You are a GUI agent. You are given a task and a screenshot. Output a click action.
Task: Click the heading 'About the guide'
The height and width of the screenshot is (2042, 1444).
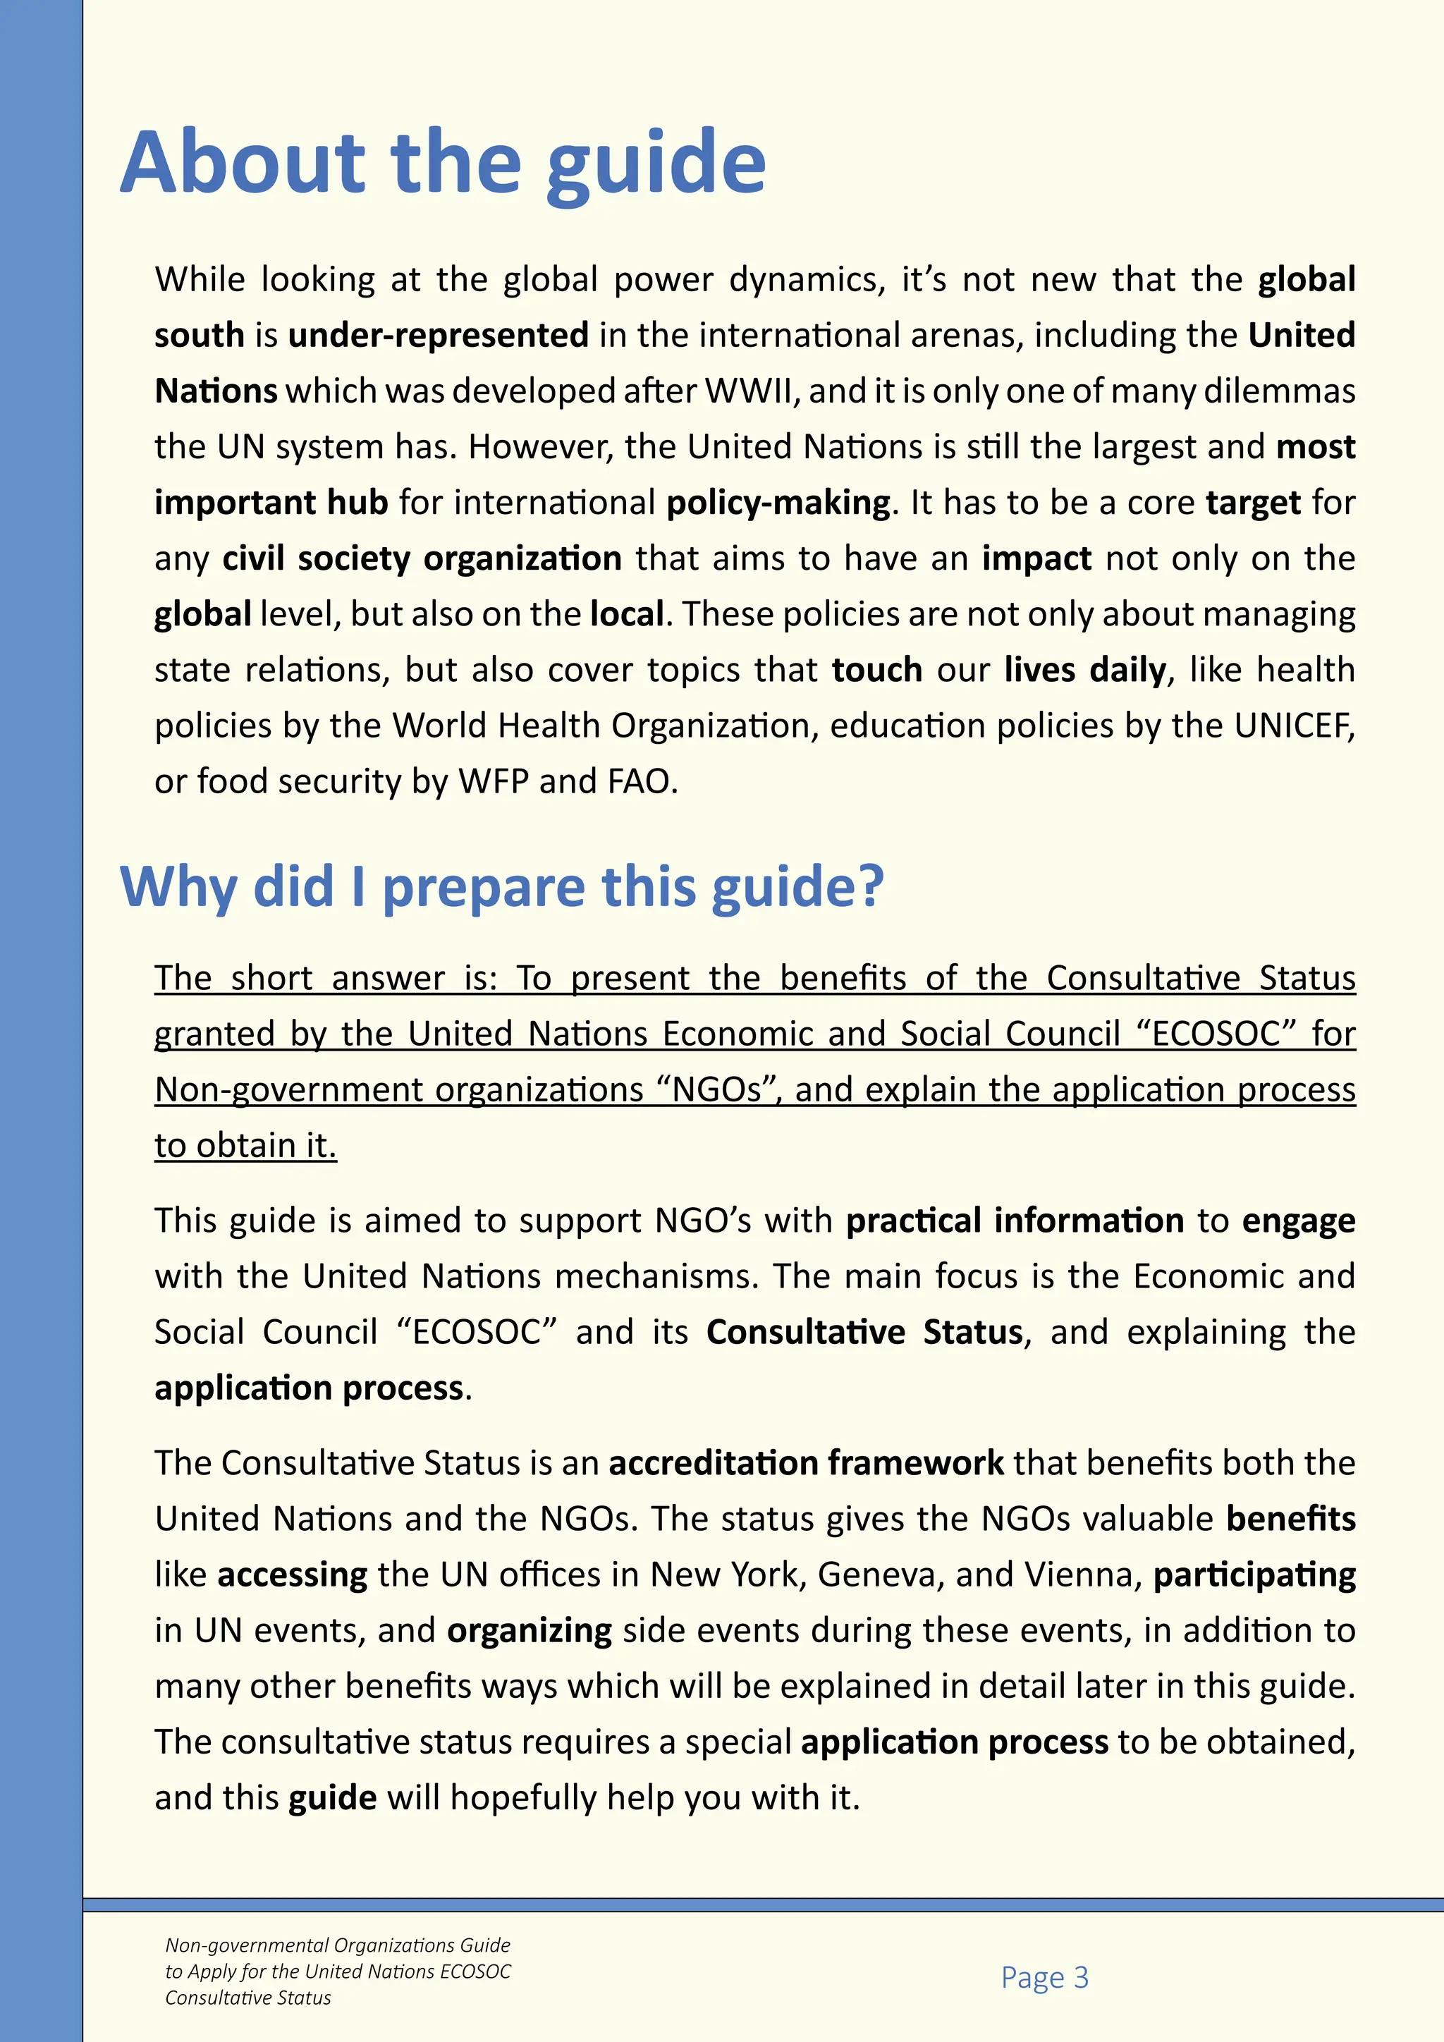point(442,163)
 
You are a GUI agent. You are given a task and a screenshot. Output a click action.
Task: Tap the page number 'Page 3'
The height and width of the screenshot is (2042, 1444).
point(1044,1977)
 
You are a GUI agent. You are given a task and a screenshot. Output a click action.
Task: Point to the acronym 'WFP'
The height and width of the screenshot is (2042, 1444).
point(494,782)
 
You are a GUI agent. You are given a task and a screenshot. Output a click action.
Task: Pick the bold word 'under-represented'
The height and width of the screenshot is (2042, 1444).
point(439,336)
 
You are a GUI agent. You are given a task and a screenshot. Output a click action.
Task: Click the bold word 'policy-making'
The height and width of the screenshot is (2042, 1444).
point(778,503)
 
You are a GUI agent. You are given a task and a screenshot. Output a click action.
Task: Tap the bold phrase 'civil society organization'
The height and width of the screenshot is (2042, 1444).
point(422,559)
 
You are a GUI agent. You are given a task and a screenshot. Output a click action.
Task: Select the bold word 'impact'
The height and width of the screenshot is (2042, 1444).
point(1036,559)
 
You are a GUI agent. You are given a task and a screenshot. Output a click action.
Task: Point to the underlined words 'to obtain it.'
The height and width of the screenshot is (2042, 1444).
point(245,1146)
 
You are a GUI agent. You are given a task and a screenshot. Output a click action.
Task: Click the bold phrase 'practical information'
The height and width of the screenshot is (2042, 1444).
point(1015,1221)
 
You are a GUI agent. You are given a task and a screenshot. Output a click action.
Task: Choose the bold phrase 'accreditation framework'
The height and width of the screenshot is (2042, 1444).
point(806,1463)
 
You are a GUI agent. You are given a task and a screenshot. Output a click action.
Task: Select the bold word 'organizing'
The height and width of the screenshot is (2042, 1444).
point(529,1631)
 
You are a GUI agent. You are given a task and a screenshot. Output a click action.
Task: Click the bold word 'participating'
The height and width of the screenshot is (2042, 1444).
point(1254,1575)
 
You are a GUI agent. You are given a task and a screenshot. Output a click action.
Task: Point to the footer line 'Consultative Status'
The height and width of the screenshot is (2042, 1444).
point(248,1998)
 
